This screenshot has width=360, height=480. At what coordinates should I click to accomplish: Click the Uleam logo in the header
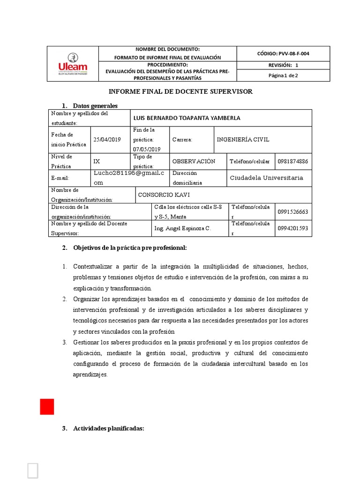pos(73,64)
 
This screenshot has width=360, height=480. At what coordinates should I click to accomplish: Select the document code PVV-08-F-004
pos(283,53)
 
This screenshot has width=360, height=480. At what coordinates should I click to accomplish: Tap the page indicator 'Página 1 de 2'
pos(283,75)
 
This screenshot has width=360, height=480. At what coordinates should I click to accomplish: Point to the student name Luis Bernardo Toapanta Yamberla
pos(187,118)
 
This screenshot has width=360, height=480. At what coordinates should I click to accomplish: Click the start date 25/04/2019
pos(107,140)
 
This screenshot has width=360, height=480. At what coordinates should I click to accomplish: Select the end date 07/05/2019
pos(147,149)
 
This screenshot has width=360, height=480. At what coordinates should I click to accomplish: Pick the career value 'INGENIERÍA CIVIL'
pos(243,140)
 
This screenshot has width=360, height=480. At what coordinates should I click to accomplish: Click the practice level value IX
pos(97,161)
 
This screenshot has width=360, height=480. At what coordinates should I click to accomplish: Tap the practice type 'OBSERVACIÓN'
pos(194,161)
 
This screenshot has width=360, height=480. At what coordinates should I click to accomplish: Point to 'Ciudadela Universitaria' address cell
pos(266,178)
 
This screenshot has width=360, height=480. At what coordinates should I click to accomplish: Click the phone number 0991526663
pos(293,212)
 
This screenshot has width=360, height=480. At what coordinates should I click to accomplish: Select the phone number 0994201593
pos(293,229)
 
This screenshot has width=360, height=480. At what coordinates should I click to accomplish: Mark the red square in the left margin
pos(47,406)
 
